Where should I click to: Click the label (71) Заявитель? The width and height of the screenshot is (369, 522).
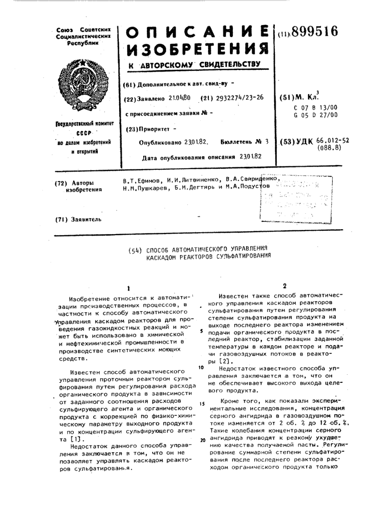(78, 219)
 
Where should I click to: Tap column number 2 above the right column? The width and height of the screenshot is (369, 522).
(284, 286)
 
